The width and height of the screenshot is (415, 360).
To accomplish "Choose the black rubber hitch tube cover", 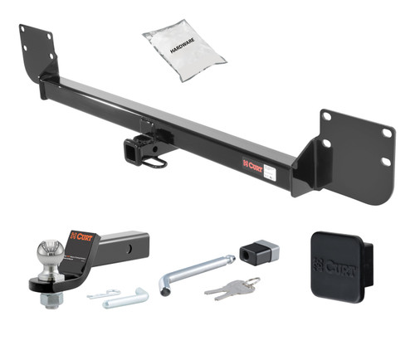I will (336, 265).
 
